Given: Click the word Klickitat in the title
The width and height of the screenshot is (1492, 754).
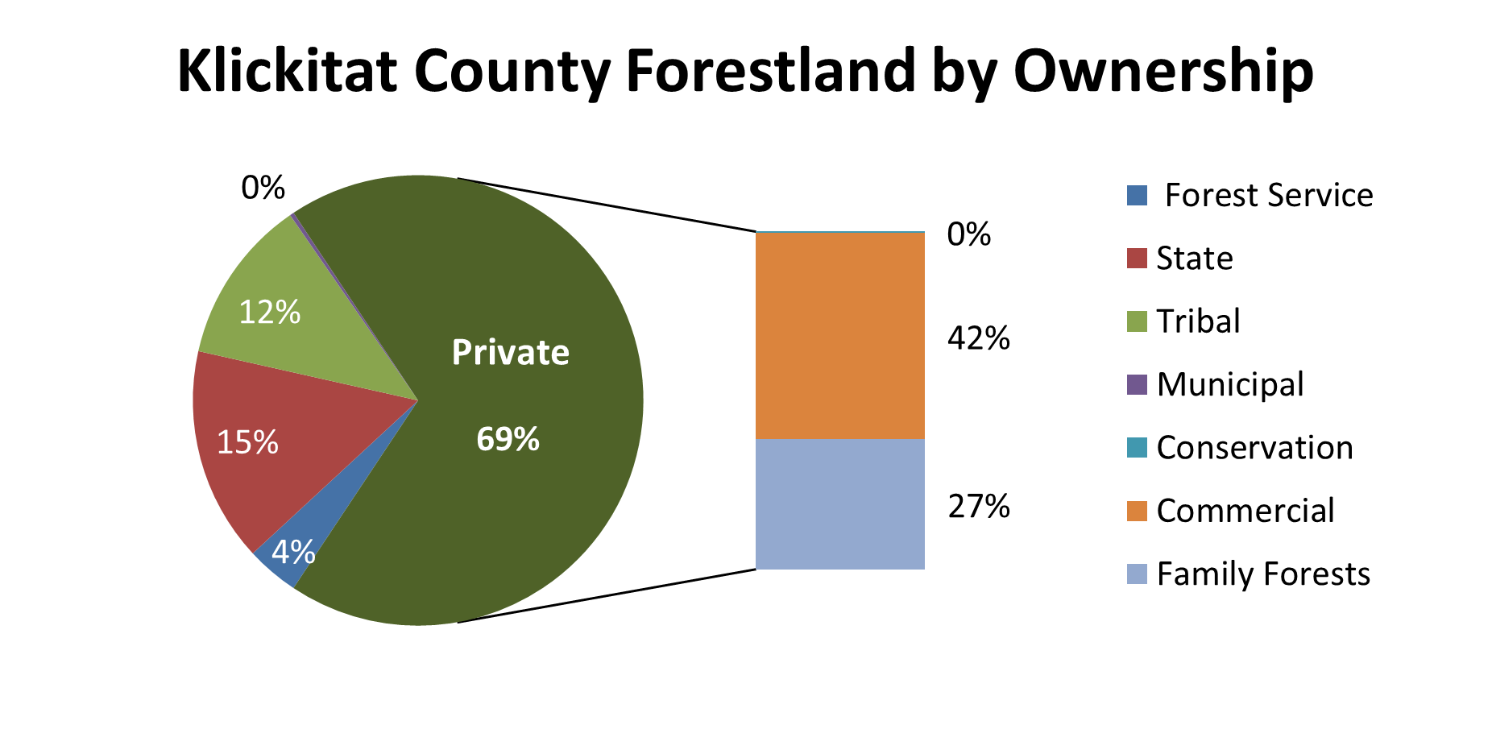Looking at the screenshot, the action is pyautogui.click(x=287, y=70).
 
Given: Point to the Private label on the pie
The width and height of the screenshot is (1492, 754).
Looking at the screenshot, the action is pyautogui.click(x=511, y=352).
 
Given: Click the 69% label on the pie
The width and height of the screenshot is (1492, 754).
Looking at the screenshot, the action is pyautogui.click(x=508, y=439).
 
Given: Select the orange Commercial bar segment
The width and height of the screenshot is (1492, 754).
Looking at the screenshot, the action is pyautogui.click(x=840, y=336).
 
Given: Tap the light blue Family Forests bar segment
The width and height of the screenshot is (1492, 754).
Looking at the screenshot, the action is pyautogui.click(x=840, y=504).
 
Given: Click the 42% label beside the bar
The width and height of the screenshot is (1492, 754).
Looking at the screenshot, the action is pyautogui.click(x=979, y=338).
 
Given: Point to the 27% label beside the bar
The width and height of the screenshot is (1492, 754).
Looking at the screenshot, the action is pyautogui.click(x=979, y=507).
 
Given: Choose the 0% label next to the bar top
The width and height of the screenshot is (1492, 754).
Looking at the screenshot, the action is pyautogui.click(x=969, y=234).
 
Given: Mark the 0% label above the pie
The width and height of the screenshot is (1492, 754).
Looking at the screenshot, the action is pyautogui.click(x=263, y=188).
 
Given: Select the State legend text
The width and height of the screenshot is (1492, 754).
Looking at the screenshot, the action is pyautogui.click(x=1195, y=259).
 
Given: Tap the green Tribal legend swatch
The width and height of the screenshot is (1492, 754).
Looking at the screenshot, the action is pyautogui.click(x=1137, y=321).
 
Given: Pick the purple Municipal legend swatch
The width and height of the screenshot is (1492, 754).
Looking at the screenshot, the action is pyautogui.click(x=1137, y=384).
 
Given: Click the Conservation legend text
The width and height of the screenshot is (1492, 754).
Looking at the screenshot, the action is pyautogui.click(x=1255, y=448).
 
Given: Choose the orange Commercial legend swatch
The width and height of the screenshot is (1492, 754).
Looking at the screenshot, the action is pyautogui.click(x=1137, y=511).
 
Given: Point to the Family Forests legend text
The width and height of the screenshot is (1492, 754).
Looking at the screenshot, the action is pyautogui.click(x=1263, y=574).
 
